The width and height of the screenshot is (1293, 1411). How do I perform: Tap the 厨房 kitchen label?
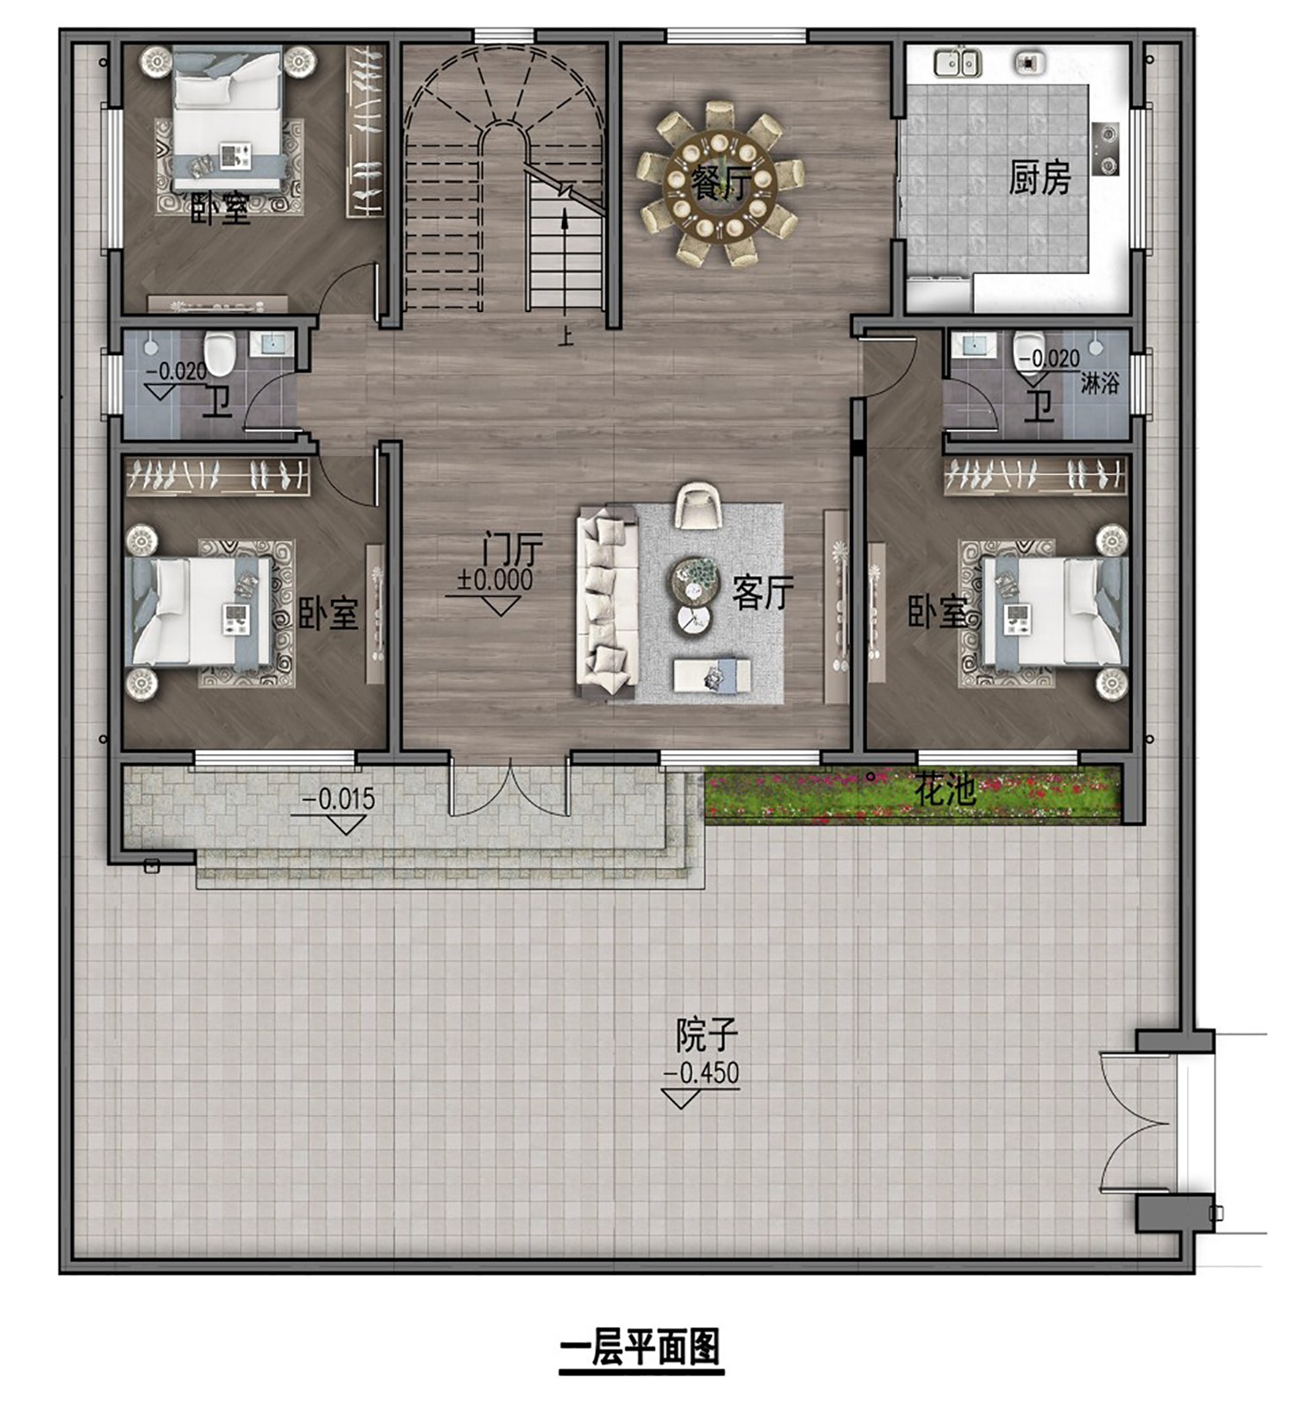point(1040,178)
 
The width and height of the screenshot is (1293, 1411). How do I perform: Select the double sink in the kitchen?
point(958,62)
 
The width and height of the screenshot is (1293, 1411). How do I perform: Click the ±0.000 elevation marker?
point(495,579)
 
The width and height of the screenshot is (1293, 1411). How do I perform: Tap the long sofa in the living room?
point(607,602)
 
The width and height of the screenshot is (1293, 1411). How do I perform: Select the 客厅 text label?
point(762,593)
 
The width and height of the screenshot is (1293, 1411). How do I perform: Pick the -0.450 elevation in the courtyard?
point(701,1072)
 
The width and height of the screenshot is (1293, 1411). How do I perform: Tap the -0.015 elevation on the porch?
point(338,799)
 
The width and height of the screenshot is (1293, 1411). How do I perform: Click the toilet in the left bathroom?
point(219,353)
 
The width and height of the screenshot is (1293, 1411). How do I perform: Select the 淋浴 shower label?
point(1099,383)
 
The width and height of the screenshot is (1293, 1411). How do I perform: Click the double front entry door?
point(509,786)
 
